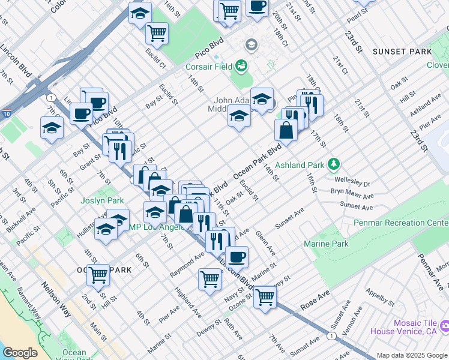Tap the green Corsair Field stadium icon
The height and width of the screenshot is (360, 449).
click(242, 64)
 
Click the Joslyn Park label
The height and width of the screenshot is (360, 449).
click(103, 200)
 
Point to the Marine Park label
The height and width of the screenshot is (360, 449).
click(326, 244)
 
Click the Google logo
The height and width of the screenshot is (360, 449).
click(20, 353)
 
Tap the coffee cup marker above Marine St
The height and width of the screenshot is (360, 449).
click(237, 257)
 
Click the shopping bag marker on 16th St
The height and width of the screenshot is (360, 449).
click(286, 130)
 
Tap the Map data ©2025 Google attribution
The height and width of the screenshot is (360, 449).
click(411, 355)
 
